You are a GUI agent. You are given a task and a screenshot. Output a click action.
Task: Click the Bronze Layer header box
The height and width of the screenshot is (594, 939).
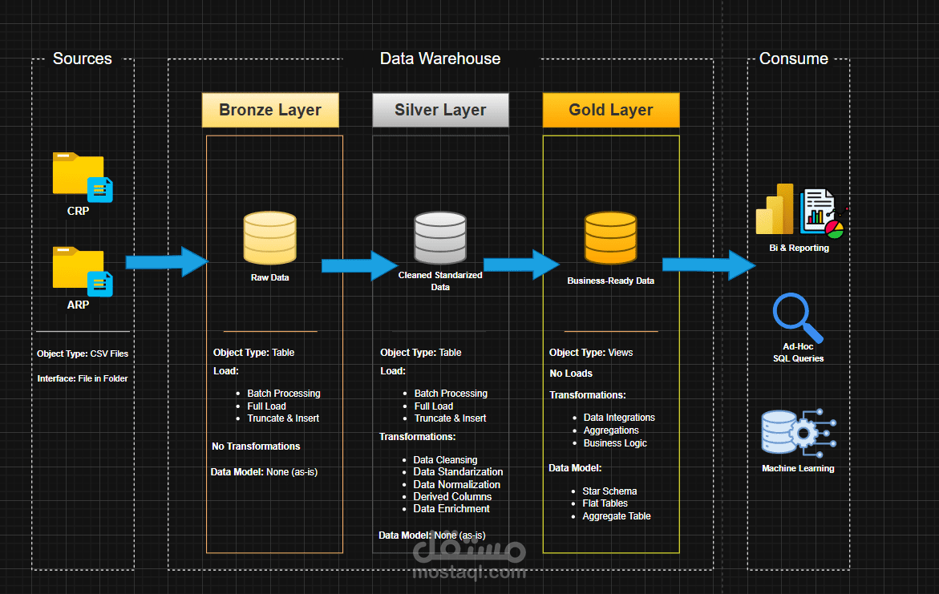[270, 111]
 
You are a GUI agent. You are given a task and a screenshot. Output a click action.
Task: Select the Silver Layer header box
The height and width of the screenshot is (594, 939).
[440, 111]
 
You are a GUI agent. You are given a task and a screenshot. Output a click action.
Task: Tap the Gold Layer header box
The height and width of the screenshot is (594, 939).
[611, 111]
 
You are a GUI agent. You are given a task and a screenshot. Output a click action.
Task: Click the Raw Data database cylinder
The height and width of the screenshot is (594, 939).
[269, 236]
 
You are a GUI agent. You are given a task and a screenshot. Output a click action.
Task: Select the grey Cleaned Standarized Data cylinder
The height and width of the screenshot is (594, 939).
[440, 238]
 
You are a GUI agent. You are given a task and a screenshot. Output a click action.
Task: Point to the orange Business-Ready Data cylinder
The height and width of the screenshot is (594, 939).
[610, 238]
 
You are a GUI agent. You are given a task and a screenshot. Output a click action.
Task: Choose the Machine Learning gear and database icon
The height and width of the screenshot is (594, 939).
[798, 433]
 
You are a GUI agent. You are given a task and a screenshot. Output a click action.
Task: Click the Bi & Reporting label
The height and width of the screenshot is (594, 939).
[798, 249]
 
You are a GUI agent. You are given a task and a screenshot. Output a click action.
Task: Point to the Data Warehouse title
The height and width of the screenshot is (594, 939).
[439, 59]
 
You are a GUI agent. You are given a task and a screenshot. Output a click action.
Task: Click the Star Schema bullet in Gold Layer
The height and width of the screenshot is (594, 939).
[610, 491]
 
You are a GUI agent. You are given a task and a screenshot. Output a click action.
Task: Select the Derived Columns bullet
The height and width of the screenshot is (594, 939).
[452, 496]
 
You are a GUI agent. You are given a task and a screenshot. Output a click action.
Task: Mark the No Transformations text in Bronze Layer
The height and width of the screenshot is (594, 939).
[256, 446]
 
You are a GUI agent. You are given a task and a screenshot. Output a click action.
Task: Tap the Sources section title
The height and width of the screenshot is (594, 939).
[82, 59]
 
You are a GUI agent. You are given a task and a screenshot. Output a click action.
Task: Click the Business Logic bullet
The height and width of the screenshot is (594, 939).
[615, 442]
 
